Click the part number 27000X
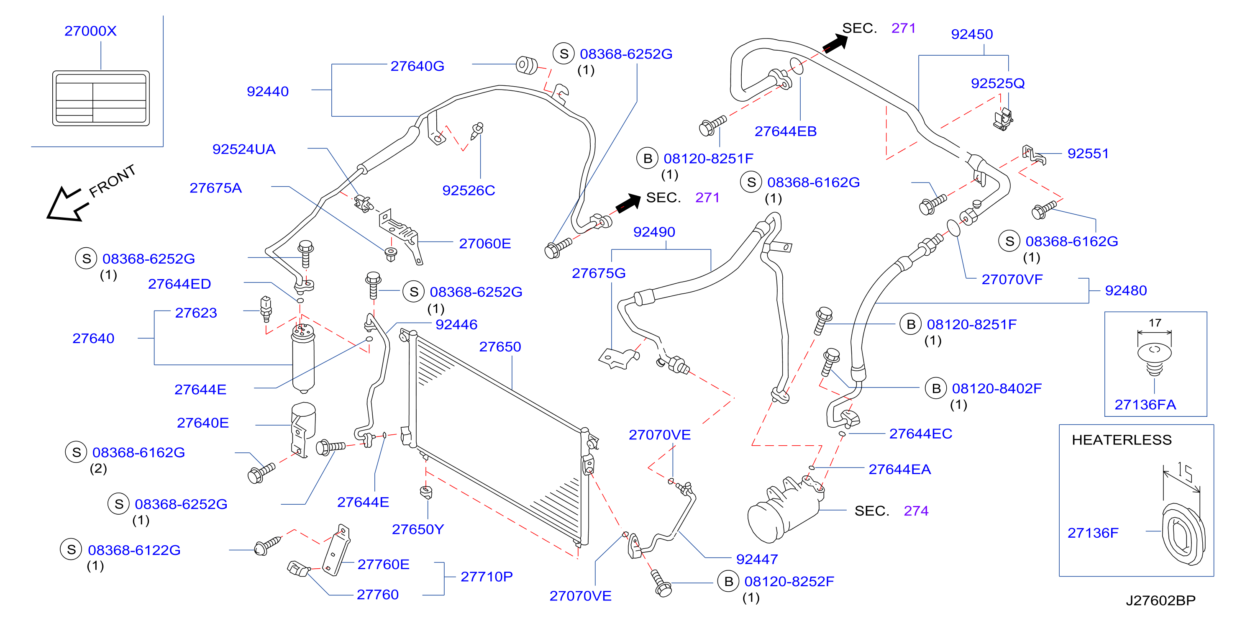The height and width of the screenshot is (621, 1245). pos(90,31)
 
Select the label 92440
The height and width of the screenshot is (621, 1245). pos(268,91)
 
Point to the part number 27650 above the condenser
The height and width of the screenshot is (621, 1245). pos(500,346)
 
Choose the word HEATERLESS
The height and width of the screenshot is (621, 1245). pos(1121,440)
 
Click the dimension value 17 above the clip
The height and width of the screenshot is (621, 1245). pos(1155,322)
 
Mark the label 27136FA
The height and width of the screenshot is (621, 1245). pos(1145,405)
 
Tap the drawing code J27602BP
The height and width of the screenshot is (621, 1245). pos(1160,600)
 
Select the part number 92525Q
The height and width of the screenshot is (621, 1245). pos(997,83)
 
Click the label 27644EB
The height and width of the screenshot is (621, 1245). pos(785,131)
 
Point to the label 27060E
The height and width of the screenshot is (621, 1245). pos(485,243)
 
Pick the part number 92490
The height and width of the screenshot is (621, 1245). pos(654,232)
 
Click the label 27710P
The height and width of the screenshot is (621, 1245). pos(486,577)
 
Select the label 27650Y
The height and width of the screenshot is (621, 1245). pos(418,529)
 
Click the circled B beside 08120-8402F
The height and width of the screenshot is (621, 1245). pos(936,389)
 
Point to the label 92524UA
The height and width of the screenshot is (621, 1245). pos(243,149)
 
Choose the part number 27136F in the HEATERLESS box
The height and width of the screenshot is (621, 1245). pos(1093,533)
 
